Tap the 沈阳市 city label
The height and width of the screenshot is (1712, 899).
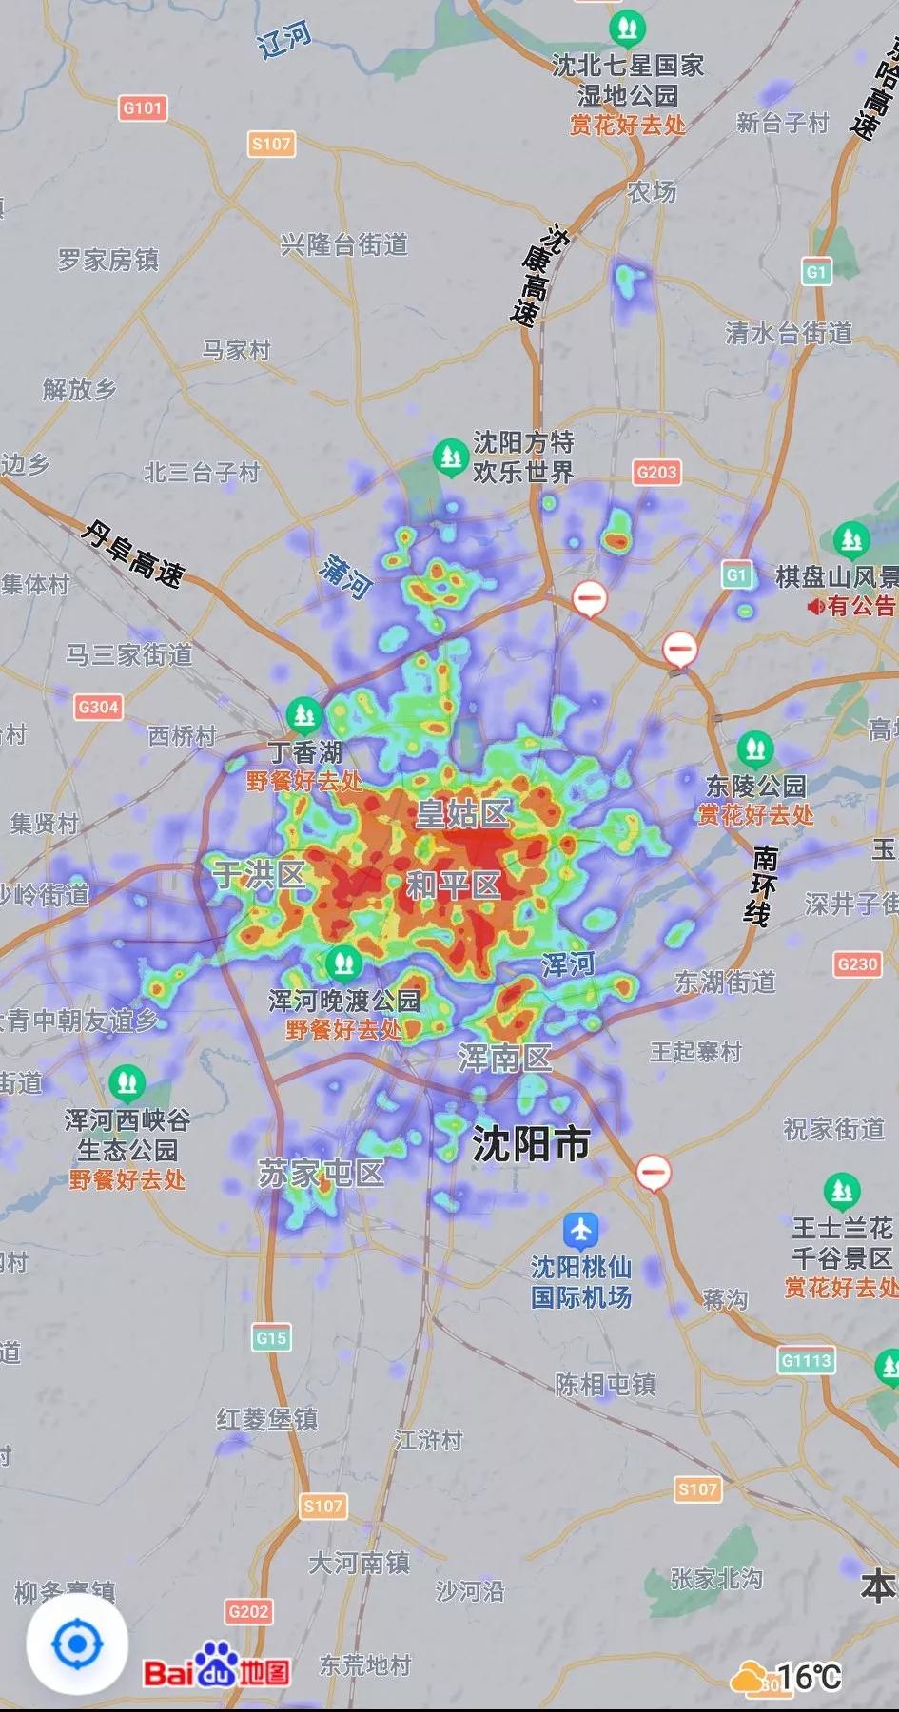click(531, 1144)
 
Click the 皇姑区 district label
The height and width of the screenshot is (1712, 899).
click(463, 813)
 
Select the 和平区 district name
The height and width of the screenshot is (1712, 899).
click(453, 885)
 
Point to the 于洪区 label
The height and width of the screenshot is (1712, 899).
click(258, 873)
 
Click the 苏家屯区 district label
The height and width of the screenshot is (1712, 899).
click(321, 1173)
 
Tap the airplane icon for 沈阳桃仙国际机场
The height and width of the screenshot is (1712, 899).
click(579, 1230)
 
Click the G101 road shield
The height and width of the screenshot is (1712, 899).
click(143, 107)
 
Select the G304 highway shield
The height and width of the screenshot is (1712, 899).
click(98, 707)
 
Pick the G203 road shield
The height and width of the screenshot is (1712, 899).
click(656, 472)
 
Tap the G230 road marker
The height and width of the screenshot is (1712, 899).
click(856, 963)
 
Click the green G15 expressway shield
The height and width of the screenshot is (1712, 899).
click(271, 1338)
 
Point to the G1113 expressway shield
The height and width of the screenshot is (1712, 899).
click(806, 1360)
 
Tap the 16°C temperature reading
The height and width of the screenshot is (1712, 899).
click(809, 1676)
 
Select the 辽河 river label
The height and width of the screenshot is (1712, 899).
click(284, 40)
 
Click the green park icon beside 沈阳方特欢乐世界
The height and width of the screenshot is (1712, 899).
click(448, 457)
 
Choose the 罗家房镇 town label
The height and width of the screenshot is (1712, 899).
click(108, 260)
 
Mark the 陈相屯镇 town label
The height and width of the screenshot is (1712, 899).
click(605, 1384)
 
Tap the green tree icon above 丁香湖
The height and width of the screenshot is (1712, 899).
click(304, 712)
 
